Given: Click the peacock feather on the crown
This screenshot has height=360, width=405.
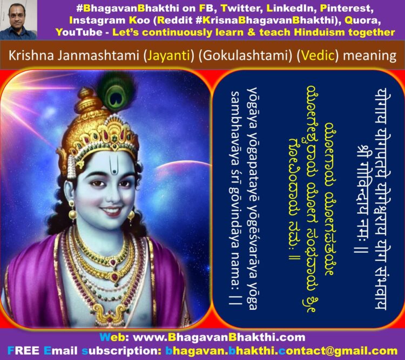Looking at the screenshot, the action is (117, 92).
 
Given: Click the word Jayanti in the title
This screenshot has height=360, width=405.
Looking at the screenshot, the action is (169, 56).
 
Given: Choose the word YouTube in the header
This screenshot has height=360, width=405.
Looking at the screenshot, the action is (79, 32).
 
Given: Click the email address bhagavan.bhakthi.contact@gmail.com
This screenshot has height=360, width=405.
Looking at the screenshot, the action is (281, 351).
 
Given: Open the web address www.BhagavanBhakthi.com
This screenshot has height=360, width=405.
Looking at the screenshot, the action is (219, 337).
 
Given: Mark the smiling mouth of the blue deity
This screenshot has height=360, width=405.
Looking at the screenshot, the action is (112, 211).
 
